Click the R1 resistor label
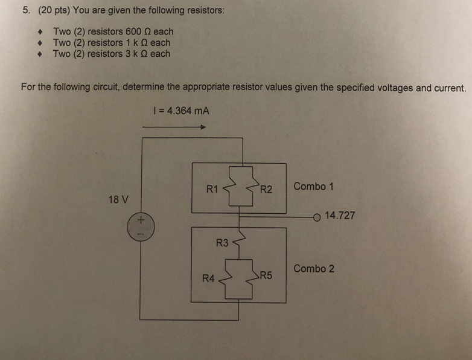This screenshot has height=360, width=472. [x=212, y=189]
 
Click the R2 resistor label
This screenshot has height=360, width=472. [x=267, y=190]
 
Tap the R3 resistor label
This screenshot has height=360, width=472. [x=222, y=243]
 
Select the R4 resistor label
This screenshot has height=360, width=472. [x=208, y=278]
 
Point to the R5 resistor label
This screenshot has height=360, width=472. [x=266, y=276]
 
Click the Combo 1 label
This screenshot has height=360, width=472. [x=313, y=186]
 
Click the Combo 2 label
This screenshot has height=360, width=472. [x=313, y=268]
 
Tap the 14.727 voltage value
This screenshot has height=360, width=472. [x=340, y=215]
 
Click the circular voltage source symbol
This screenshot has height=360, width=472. [x=140, y=227]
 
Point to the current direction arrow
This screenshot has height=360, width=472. [x=174, y=127]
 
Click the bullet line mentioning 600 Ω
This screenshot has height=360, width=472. [x=113, y=31]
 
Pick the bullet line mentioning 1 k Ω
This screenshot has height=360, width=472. [x=111, y=43]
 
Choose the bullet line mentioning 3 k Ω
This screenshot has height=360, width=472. [x=111, y=54]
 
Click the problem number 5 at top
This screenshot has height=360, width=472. [x=25, y=11]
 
